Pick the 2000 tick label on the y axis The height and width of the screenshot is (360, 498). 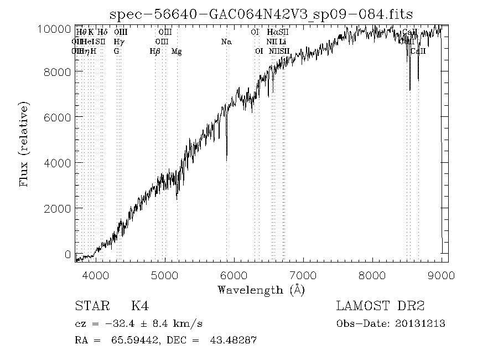click(x=59, y=208)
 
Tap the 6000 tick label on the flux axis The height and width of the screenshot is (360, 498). click(x=59, y=117)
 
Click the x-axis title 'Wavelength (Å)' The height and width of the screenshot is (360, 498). click(x=261, y=290)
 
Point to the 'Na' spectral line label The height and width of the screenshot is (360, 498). click(x=226, y=42)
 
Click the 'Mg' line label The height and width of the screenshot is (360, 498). click(x=177, y=51)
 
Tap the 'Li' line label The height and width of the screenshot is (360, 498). click(x=283, y=42)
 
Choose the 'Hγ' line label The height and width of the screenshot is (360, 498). click(x=118, y=42)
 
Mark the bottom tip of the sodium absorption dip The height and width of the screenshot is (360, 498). click(x=226, y=160)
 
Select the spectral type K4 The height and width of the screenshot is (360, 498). click(x=139, y=306)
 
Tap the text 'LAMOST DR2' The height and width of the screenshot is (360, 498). click(x=381, y=306)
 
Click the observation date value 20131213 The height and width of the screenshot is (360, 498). click(x=421, y=323)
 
